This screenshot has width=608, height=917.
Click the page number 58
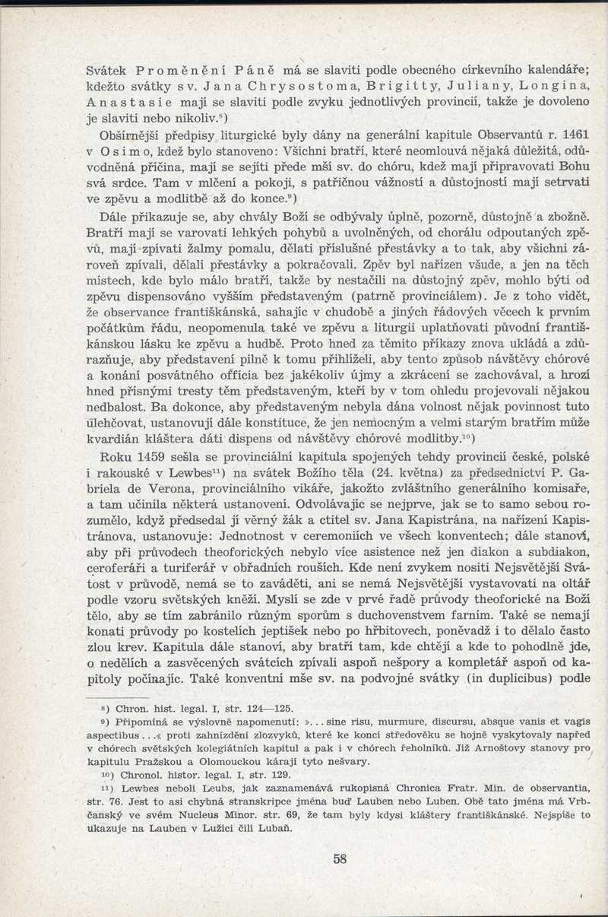[x=340, y=859]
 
